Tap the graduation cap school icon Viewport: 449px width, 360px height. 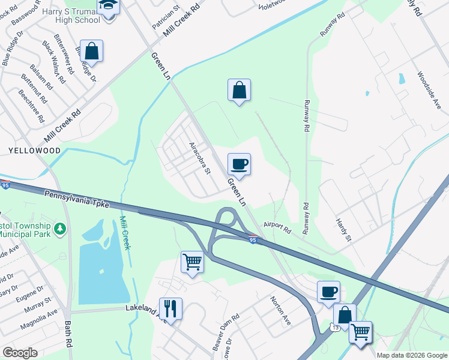[109, 5]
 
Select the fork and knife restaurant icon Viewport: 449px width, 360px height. [170, 309]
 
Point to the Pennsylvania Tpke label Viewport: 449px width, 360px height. [76, 199]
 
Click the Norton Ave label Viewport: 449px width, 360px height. [280, 311]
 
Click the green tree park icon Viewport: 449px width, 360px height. [59, 229]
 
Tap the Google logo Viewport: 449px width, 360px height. [20, 353]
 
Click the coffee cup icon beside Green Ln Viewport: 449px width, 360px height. [239, 164]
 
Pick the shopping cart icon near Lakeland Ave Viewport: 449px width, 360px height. [192, 262]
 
